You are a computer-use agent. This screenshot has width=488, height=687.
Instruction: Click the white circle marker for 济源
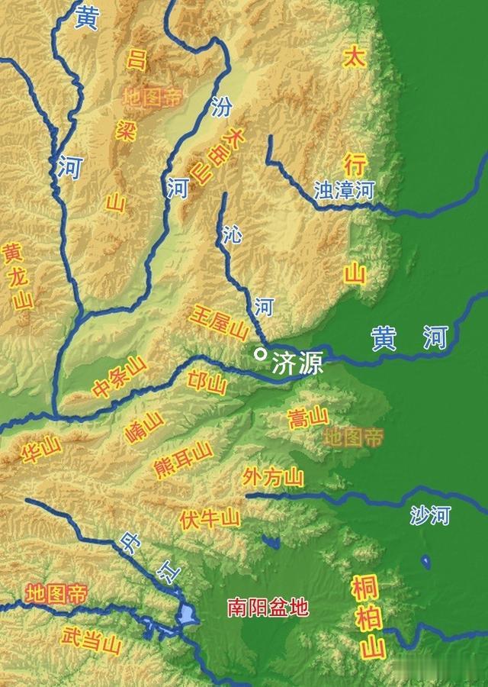point(261,353)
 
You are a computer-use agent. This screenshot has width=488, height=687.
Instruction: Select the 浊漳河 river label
point(345,190)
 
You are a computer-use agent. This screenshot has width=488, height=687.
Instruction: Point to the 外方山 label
point(272,478)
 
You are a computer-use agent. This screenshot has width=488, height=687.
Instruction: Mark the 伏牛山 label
point(210,519)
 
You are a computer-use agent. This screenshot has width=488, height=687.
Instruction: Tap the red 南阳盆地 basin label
point(268,608)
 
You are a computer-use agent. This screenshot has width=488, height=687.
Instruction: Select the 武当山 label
point(91,640)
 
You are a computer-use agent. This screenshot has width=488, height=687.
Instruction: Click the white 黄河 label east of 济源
point(409,337)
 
